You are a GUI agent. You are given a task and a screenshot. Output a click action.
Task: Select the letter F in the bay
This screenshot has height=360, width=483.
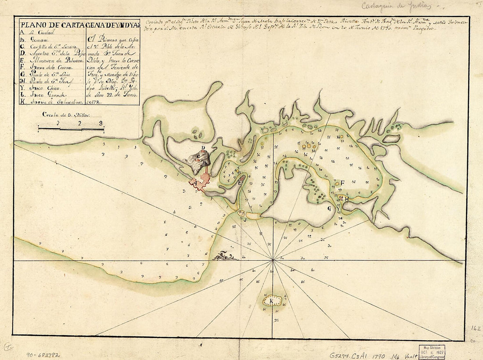pos(342,183)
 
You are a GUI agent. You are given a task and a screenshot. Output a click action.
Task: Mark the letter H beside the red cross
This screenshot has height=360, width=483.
pos(346,199)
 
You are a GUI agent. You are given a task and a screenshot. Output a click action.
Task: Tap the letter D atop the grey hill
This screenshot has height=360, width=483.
pos(203,148)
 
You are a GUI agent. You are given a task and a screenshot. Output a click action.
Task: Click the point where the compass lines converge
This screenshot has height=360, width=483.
pos(273,260)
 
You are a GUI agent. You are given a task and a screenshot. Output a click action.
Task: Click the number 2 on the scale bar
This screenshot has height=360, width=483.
pos(80,123)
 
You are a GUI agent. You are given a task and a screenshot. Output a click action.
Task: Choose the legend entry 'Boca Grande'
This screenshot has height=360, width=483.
pos(43,94)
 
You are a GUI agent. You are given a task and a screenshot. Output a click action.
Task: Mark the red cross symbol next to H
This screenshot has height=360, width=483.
pos(341,198)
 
